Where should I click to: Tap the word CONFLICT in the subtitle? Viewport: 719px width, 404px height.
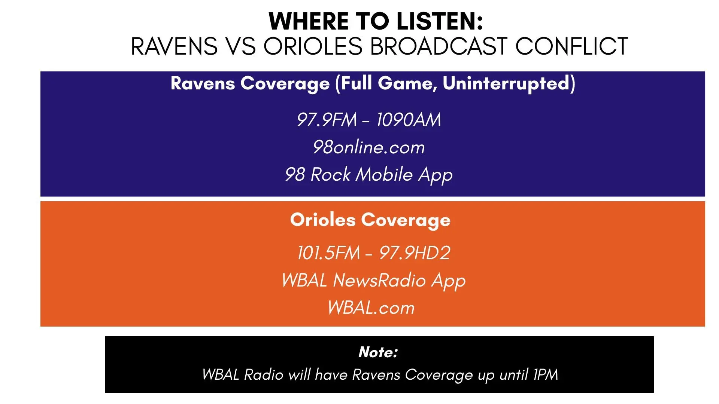pos(571,47)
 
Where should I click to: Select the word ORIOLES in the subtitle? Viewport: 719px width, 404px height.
pos(313,47)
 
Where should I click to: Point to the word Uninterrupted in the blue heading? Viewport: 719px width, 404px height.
pos(508,83)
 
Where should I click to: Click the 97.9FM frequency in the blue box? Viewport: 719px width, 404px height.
pos(327,120)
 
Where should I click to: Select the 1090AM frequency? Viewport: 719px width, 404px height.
pos(409,120)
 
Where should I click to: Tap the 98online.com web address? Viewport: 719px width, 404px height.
pos(369,147)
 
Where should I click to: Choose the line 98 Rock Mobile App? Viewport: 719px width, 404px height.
pos(369,175)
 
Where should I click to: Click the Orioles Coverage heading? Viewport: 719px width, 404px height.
pos(370,220)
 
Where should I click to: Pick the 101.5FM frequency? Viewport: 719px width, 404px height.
pos(328,253)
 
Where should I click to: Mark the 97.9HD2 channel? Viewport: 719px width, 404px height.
pos(415,253)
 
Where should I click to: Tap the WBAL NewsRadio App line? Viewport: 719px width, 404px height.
pos(373,281)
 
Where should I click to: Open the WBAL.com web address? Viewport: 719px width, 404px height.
pos(371,308)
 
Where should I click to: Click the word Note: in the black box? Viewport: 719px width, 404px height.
pos(378,352)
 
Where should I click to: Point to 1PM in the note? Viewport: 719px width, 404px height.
pos(546,374)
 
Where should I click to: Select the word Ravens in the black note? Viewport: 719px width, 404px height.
pos(376,374)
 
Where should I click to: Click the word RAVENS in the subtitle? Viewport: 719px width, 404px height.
pos(174,47)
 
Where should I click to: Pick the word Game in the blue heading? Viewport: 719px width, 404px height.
pos(407,83)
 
